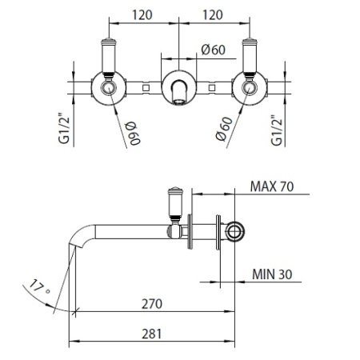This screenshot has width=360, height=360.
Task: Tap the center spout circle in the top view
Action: click(180, 86)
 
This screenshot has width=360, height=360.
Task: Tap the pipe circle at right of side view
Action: click(234, 231)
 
